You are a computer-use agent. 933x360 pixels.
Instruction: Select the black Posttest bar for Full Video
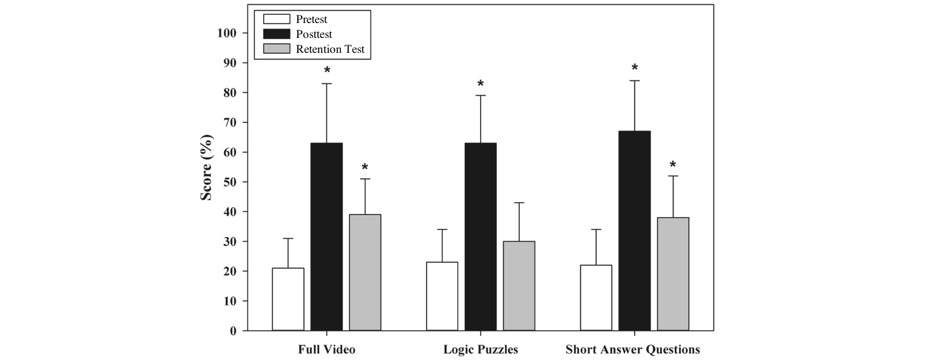(x=327, y=237)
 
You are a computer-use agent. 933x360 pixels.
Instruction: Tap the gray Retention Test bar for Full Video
(x=365, y=272)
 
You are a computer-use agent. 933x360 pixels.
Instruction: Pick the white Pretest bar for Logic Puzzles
(x=442, y=296)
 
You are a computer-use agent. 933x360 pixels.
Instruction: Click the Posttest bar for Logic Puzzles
(x=481, y=237)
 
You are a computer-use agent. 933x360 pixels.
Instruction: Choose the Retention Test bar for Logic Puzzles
(x=519, y=286)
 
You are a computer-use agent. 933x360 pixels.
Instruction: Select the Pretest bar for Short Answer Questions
(x=596, y=298)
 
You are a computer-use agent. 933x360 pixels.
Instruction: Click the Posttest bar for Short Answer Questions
(x=634, y=231)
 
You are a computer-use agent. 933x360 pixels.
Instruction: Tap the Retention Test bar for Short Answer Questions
(x=673, y=274)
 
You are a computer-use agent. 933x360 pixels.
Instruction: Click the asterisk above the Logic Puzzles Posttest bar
(x=481, y=84)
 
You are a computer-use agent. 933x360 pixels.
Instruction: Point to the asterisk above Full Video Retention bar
(x=365, y=167)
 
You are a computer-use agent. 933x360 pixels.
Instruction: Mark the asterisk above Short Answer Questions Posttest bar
(x=634, y=68)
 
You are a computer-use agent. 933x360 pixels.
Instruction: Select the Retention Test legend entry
(x=318, y=49)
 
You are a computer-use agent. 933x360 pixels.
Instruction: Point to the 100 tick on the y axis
(x=228, y=33)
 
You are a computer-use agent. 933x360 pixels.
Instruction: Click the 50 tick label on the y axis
(x=230, y=182)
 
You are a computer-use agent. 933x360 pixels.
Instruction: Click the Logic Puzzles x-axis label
(x=480, y=349)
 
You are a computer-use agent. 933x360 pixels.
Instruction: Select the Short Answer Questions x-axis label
(x=633, y=349)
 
